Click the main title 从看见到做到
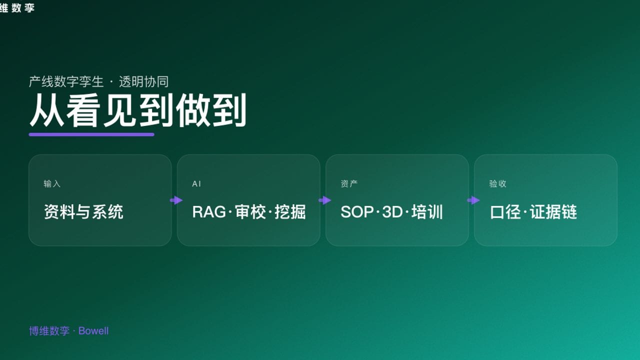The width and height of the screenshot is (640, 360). pyautogui.click(x=137, y=111)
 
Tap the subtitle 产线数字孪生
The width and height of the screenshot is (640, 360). pyautogui.click(x=66, y=81)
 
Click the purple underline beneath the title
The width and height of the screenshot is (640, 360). pyautogui.click(x=91, y=134)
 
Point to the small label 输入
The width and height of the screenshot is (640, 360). pyautogui.click(x=52, y=184)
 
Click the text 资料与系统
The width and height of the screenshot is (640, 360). pyautogui.click(x=83, y=212)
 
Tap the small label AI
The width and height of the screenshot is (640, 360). pyautogui.click(x=196, y=184)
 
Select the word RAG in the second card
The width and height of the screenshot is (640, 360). pyautogui.click(x=209, y=212)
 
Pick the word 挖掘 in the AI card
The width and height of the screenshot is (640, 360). pyautogui.click(x=290, y=212)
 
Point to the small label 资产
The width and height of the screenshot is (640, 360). pyautogui.click(x=349, y=184)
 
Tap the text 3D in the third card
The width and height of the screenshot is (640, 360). pyautogui.click(x=392, y=212)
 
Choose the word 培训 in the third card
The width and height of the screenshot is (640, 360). pyautogui.click(x=427, y=212)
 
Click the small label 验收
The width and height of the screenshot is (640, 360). pyautogui.click(x=497, y=184)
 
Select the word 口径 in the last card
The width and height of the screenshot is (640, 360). pyautogui.click(x=505, y=212)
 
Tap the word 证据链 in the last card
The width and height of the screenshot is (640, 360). pyautogui.click(x=553, y=212)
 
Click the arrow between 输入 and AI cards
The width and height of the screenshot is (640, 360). pyautogui.click(x=176, y=200)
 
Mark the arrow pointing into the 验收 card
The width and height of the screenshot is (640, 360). pyautogui.click(x=473, y=200)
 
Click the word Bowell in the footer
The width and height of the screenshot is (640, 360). pyautogui.click(x=93, y=331)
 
